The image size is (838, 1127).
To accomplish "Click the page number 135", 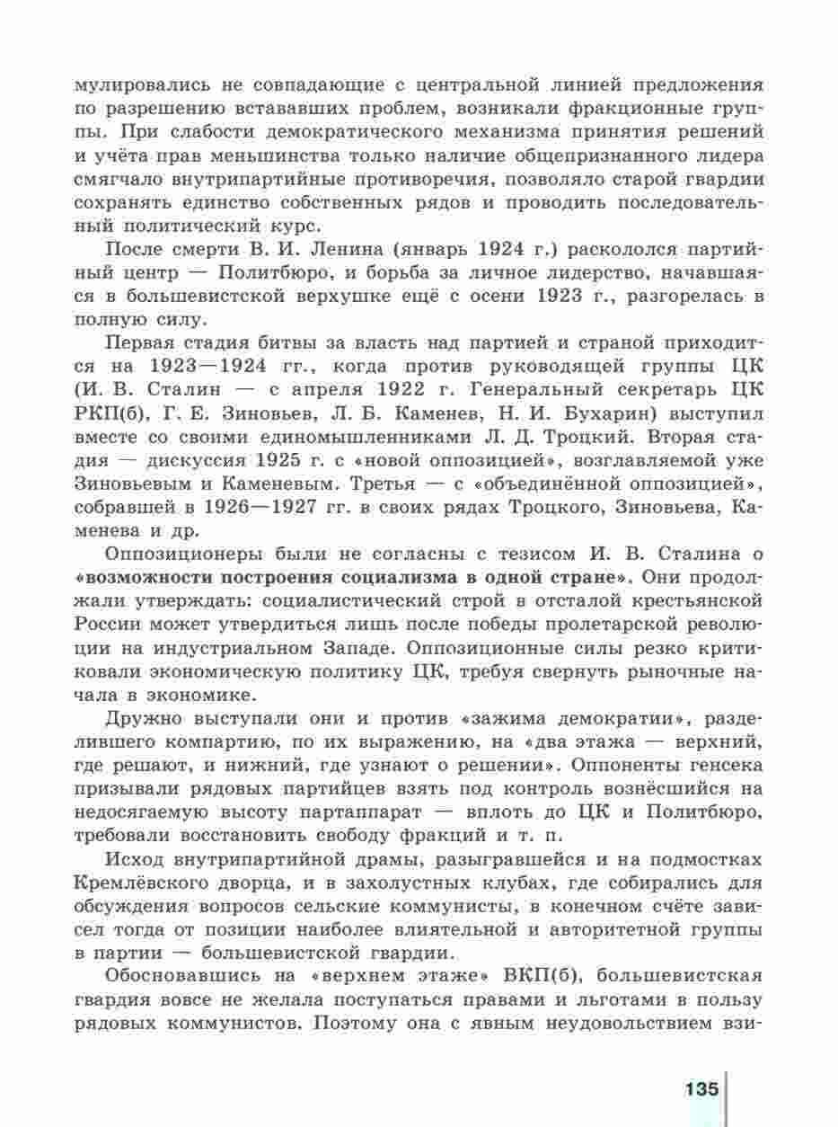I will (701, 1089).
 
